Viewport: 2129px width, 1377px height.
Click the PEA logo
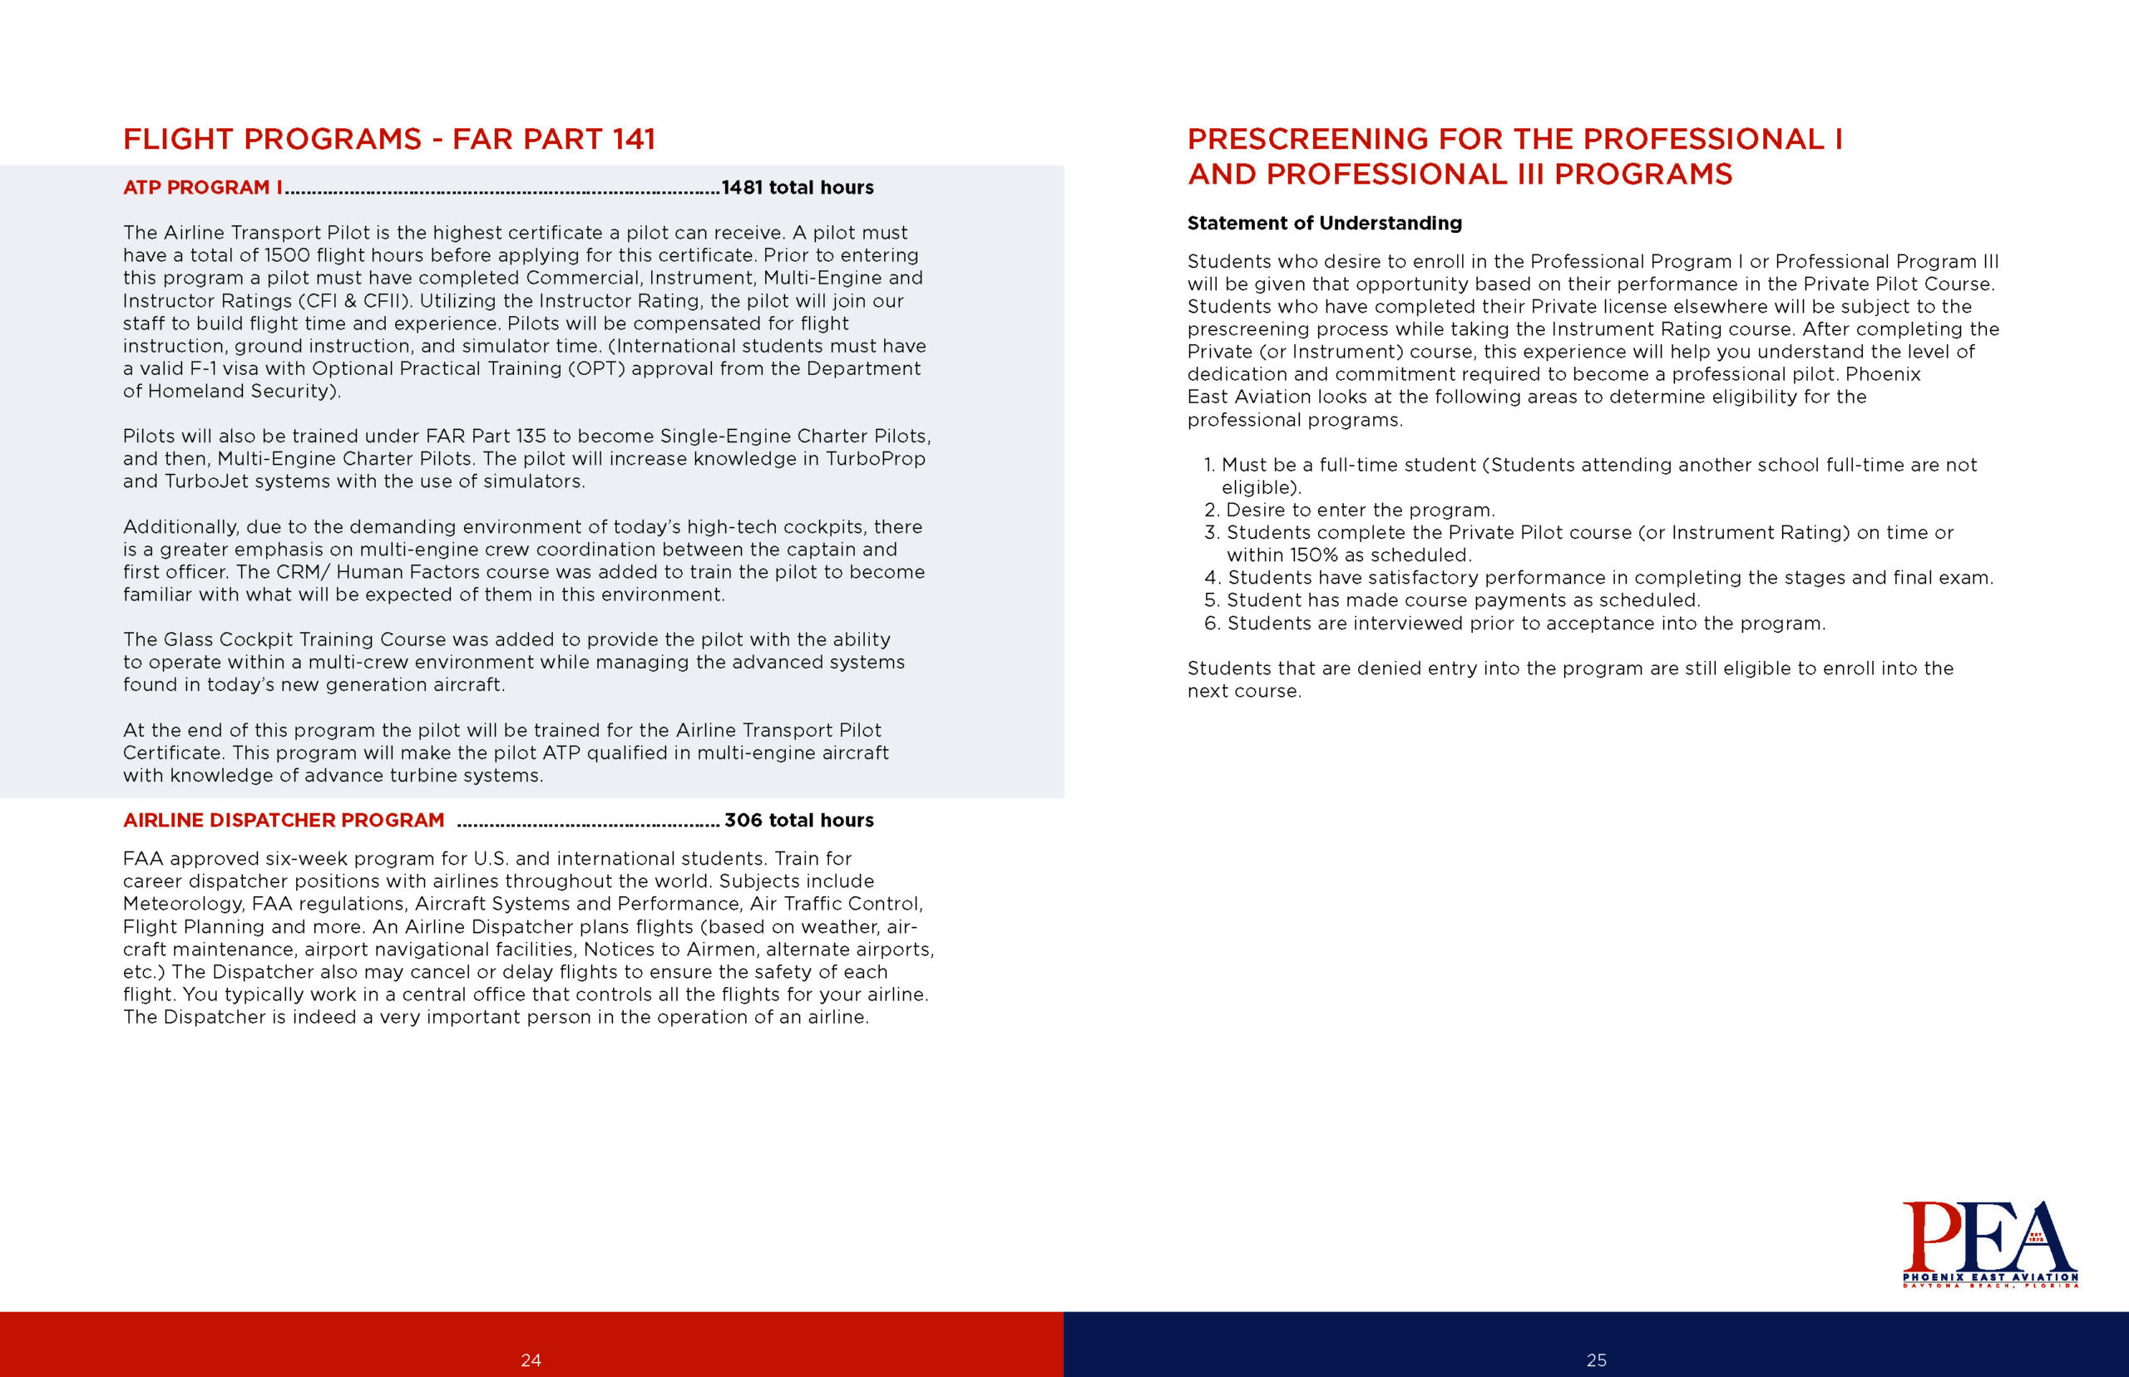[1988, 1242]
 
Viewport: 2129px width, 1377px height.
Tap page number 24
[531, 1360]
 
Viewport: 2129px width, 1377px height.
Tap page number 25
[1596, 1360]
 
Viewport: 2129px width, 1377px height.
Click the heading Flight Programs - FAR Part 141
[389, 140]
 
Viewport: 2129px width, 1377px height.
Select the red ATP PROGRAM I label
[202, 188]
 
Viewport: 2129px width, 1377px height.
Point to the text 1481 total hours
[798, 188]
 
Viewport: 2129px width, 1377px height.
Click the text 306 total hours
[798, 820]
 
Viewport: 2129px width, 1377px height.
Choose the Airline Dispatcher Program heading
[284, 820]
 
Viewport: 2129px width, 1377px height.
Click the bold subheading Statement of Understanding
[1324, 223]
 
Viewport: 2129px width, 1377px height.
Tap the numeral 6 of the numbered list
[1212, 624]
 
